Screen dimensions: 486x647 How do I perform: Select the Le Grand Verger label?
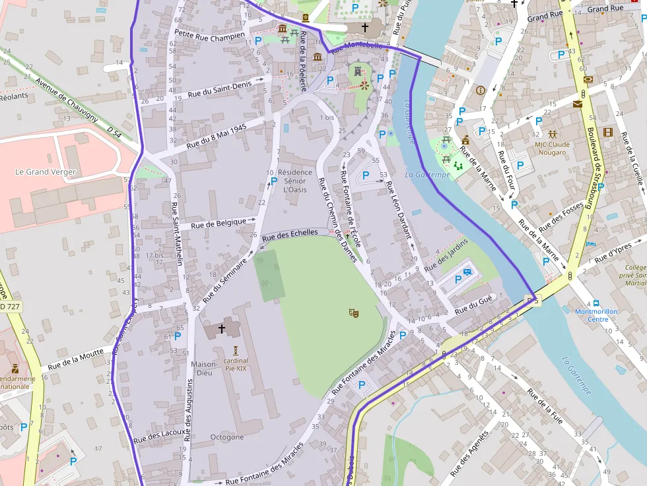tap(46, 171)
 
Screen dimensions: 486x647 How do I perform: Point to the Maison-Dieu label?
tap(204, 369)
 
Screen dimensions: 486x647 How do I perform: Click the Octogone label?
tap(227, 437)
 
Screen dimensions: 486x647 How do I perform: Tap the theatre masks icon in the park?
tap(354, 313)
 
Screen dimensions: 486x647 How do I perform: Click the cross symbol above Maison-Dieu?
tap(221, 327)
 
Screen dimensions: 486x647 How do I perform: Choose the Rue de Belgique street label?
tap(218, 224)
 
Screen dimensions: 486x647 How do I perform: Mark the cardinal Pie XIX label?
tap(235, 364)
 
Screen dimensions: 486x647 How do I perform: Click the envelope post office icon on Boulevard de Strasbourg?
tap(578, 104)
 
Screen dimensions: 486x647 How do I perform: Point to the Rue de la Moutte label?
tap(77, 360)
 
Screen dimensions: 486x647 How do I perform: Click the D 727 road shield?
tap(9, 307)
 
